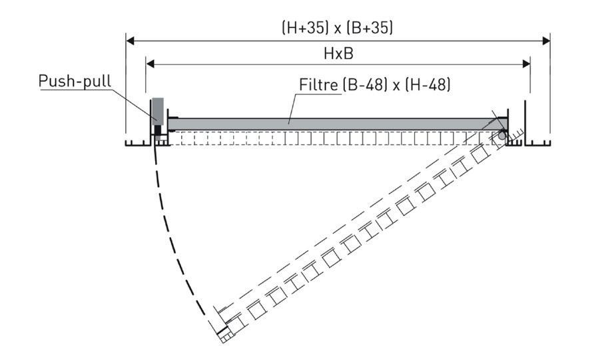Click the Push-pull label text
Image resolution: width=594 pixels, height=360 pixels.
pyautogui.click(x=75, y=81)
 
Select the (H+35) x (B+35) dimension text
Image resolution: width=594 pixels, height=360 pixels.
pyautogui.click(x=338, y=28)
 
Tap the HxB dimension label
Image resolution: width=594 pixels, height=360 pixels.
pyautogui.click(x=339, y=53)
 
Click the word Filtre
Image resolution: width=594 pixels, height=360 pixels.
pyautogui.click(x=318, y=85)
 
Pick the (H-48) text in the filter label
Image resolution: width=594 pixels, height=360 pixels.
pyautogui.click(x=428, y=85)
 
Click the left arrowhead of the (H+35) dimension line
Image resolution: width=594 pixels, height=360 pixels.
pyautogui.click(x=130, y=41)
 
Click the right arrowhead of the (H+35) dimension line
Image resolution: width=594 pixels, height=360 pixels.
pyautogui.click(x=546, y=41)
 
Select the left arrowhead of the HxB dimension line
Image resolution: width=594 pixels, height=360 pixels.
pyautogui.click(x=150, y=64)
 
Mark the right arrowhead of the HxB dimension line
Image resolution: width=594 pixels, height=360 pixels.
pyautogui.click(x=526, y=64)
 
